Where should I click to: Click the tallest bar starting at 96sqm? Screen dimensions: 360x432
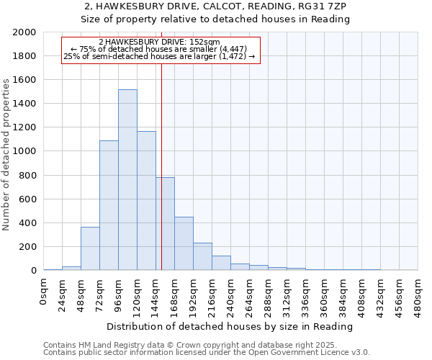(127, 180)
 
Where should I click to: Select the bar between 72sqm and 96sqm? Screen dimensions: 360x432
(109, 205)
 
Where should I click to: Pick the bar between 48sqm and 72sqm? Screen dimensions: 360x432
(90, 248)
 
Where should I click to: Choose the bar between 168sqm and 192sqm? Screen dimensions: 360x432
(184, 243)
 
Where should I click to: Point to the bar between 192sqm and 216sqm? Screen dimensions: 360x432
(202, 256)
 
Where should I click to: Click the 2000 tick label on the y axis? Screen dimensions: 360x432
(24, 32)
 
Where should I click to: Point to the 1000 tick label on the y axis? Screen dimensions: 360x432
(24, 151)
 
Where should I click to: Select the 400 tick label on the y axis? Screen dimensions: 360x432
(27, 222)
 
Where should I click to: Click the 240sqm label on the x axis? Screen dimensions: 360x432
(231, 293)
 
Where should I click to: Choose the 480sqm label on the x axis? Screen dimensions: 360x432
(418, 293)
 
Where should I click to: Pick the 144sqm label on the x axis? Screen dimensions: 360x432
(156, 293)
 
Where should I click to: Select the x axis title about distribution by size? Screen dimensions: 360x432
(230, 326)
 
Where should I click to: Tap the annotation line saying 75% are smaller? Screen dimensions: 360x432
(161, 48)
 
